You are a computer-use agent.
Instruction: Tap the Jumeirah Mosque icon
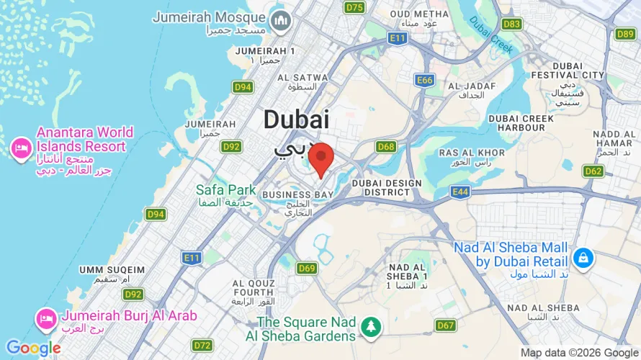tap(279, 23)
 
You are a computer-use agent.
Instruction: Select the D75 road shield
tap(354, 7)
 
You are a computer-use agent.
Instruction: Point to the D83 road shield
tap(511, 24)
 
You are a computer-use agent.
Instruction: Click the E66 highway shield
tap(425, 80)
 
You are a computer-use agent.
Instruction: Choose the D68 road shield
tap(386, 147)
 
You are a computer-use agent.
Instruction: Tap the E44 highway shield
tap(461, 192)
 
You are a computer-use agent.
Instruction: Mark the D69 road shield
tap(307, 269)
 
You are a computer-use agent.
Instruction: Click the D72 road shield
tap(203, 345)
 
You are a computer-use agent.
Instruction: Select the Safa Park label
tap(226, 190)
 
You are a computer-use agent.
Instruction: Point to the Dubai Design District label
tap(386, 188)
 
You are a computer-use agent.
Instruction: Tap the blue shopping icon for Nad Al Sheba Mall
tap(583, 256)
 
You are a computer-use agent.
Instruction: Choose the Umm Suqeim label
tap(112, 269)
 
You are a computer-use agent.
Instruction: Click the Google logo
tap(33, 348)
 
